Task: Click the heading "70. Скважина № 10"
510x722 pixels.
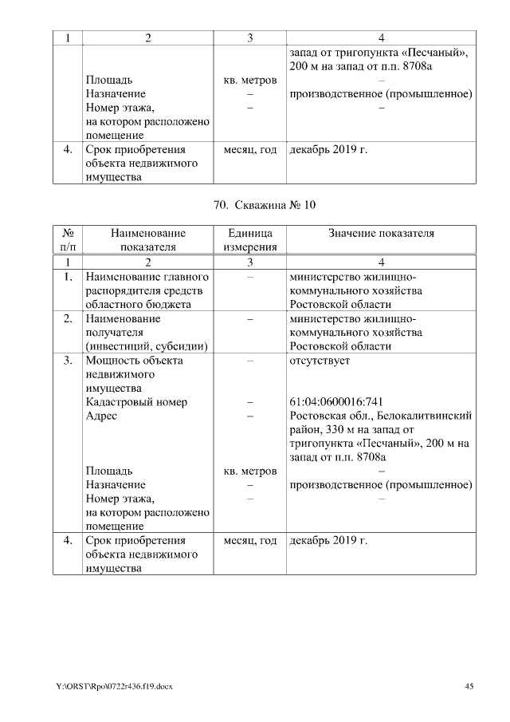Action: tap(265, 205)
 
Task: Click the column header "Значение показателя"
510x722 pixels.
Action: tap(382, 233)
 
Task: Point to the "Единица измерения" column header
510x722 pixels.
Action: tap(249, 240)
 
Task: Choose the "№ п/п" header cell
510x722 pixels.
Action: tap(68, 240)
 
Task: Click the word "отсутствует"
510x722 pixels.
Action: tap(320, 360)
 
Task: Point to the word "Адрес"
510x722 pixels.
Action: tap(101, 416)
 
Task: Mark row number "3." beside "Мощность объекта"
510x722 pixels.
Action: tap(68, 360)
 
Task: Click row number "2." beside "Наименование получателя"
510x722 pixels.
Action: tap(68, 318)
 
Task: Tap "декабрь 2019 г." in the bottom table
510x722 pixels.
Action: tap(328, 541)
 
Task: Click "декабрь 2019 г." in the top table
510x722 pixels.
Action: tap(328, 149)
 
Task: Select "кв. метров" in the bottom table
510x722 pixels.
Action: tap(249, 471)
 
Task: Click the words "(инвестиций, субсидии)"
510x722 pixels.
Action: tap(147, 346)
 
